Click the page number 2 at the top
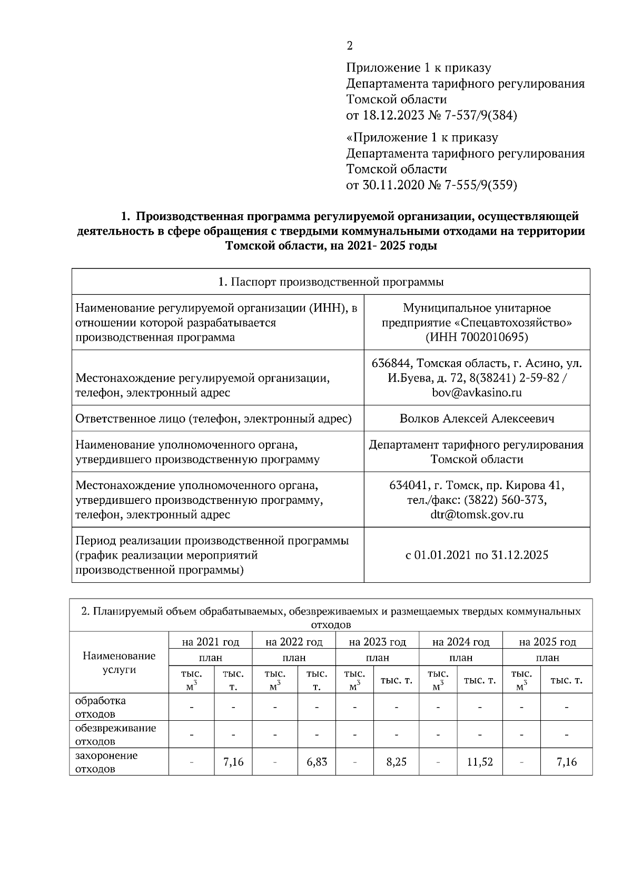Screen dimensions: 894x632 350,46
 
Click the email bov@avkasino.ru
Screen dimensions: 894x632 477,392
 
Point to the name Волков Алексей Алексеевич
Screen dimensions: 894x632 477,419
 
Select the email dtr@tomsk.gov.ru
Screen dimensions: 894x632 477,514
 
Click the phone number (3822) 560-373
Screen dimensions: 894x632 504,500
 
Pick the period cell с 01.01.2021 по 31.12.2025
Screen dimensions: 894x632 477,555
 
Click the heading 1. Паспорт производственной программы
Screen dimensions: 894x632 331,282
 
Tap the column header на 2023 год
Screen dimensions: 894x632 377,642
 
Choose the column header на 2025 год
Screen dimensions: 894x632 547,642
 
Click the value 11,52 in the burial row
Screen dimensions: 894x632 479,762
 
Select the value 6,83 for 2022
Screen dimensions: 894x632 317,762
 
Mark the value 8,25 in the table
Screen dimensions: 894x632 396,762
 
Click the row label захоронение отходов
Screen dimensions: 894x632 106,762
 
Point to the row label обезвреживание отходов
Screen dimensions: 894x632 115,734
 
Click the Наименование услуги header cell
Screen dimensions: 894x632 119,662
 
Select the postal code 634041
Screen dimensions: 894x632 408,485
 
